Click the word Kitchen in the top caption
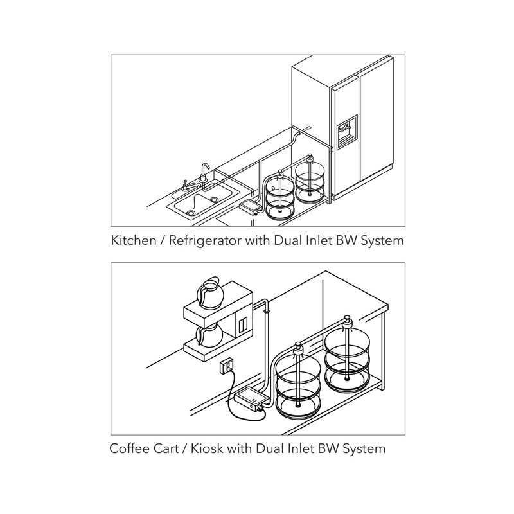pos(134,240)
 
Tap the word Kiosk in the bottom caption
pos(206,448)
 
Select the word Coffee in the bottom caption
pos(129,448)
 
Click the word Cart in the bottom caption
pos(166,448)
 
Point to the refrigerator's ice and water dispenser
pos(347,132)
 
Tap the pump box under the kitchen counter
pos(251,206)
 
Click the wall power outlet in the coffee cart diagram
pos(227,366)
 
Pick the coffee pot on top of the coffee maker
pos(210,293)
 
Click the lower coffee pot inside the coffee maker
pos(209,334)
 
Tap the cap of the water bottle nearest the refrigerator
pos(309,159)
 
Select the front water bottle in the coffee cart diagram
pos(297,381)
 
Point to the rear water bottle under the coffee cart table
pos(347,355)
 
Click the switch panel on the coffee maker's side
pos(243,325)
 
